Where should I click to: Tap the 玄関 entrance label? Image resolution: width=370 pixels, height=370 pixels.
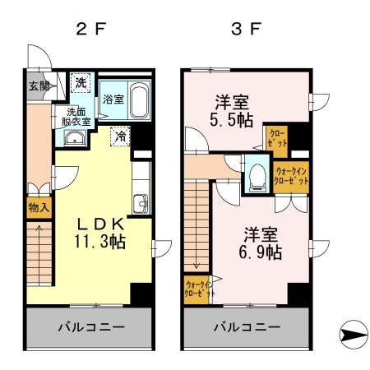pyautogui.click(x=39, y=86)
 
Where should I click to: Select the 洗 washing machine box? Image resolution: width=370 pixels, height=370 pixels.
pyautogui.click(x=81, y=83)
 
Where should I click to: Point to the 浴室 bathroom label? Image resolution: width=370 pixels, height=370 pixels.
pyautogui.click(x=113, y=99)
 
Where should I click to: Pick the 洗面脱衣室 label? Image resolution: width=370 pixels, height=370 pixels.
pyautogui.click(x=74, y=116)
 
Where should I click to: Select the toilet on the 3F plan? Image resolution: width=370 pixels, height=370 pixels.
pyautogui.click(x=257, y=174)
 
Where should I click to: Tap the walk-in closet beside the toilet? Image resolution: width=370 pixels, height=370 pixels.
pyautogui.click(x=291, y=176)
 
